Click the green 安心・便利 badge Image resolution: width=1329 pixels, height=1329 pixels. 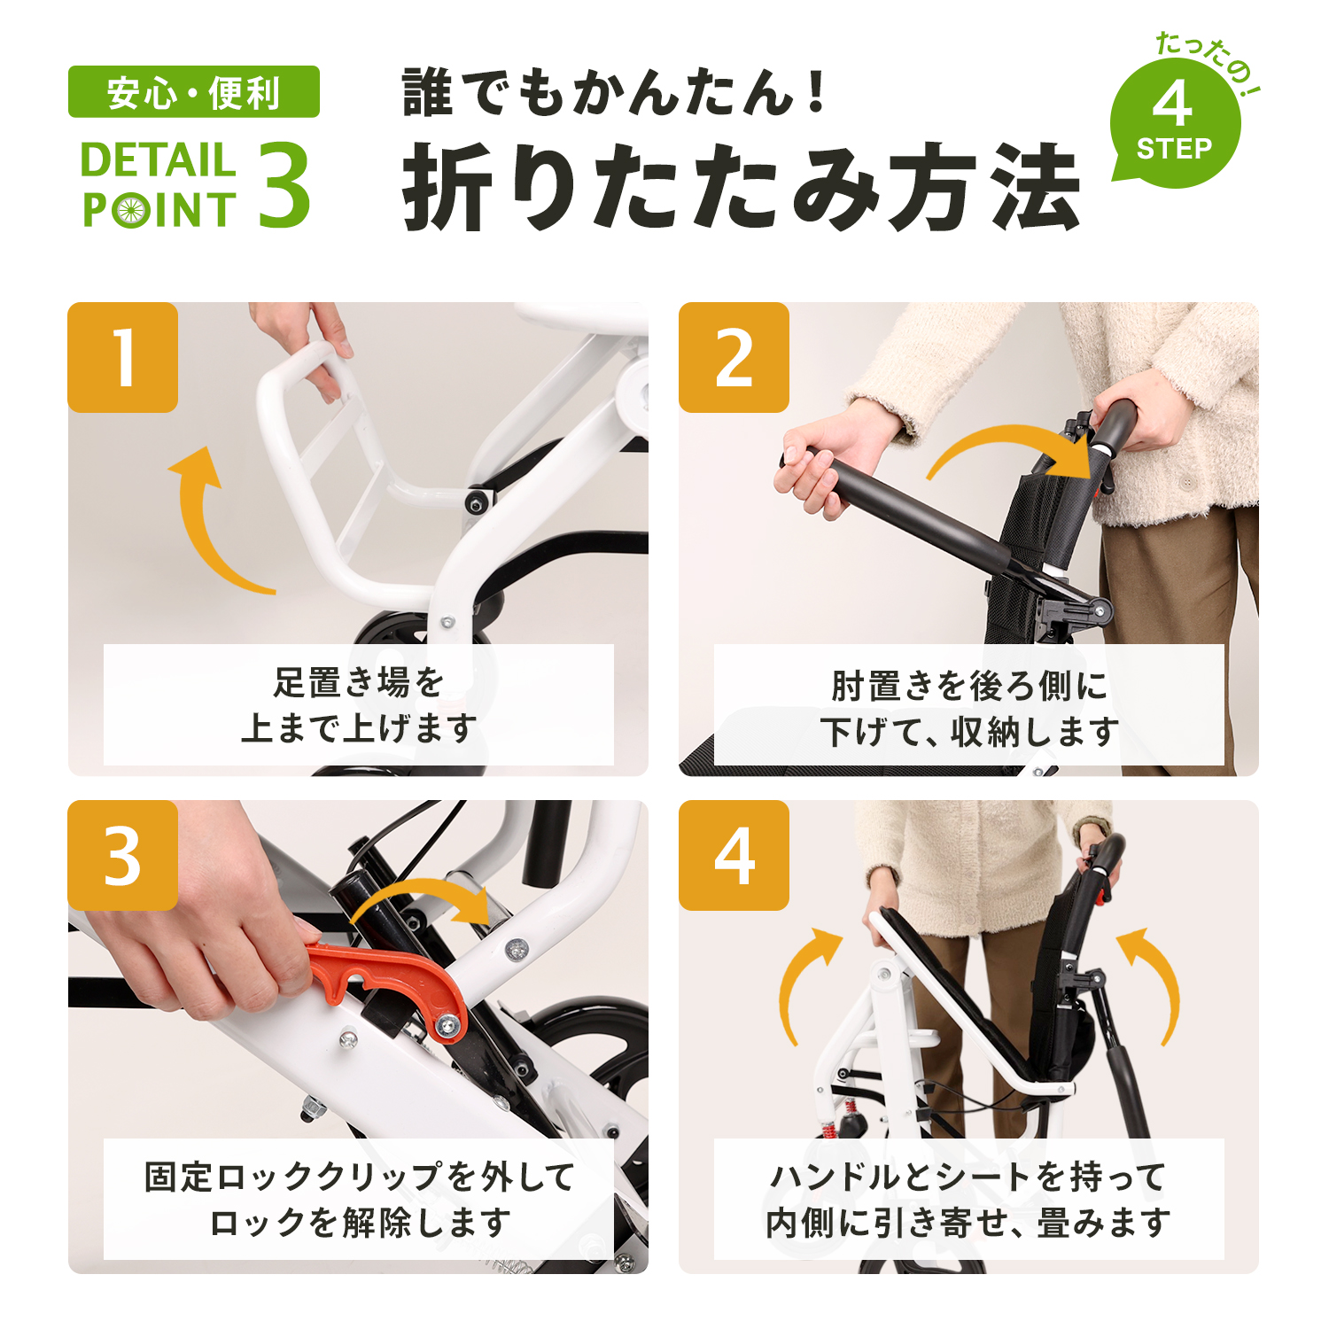pos(193,92)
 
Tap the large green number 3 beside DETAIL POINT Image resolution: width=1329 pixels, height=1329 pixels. pos(284,185)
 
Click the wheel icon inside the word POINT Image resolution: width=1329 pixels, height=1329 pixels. pos(130,211)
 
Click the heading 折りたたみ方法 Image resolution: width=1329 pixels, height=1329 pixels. pos(741,187)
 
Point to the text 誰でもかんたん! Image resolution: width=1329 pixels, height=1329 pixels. pos(613,92)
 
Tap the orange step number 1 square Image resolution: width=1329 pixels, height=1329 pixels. pos(123,358)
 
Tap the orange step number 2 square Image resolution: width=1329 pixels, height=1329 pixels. pos(734,358)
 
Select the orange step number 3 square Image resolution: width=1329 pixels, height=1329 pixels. pos(123,855)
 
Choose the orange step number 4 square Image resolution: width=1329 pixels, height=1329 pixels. pos(734,855)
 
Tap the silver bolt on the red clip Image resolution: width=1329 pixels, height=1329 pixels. pos(447,1025)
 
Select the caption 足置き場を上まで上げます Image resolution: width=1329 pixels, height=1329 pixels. pos(358,705)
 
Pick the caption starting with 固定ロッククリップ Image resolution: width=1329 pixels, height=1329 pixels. pos(358,1200)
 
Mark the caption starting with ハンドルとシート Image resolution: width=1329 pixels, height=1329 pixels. pos(968,1200)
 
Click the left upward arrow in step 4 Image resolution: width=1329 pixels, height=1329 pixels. pos(802,983)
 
